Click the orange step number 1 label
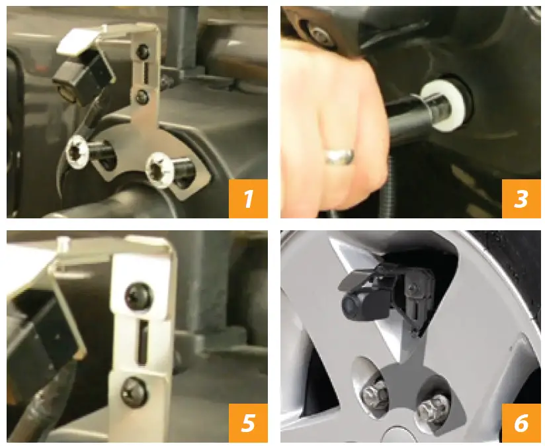pos(248,199)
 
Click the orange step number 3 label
pos(521,199)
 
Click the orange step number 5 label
pos(248,423)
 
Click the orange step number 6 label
pos(521,423)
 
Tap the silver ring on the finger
pos(339,156)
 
